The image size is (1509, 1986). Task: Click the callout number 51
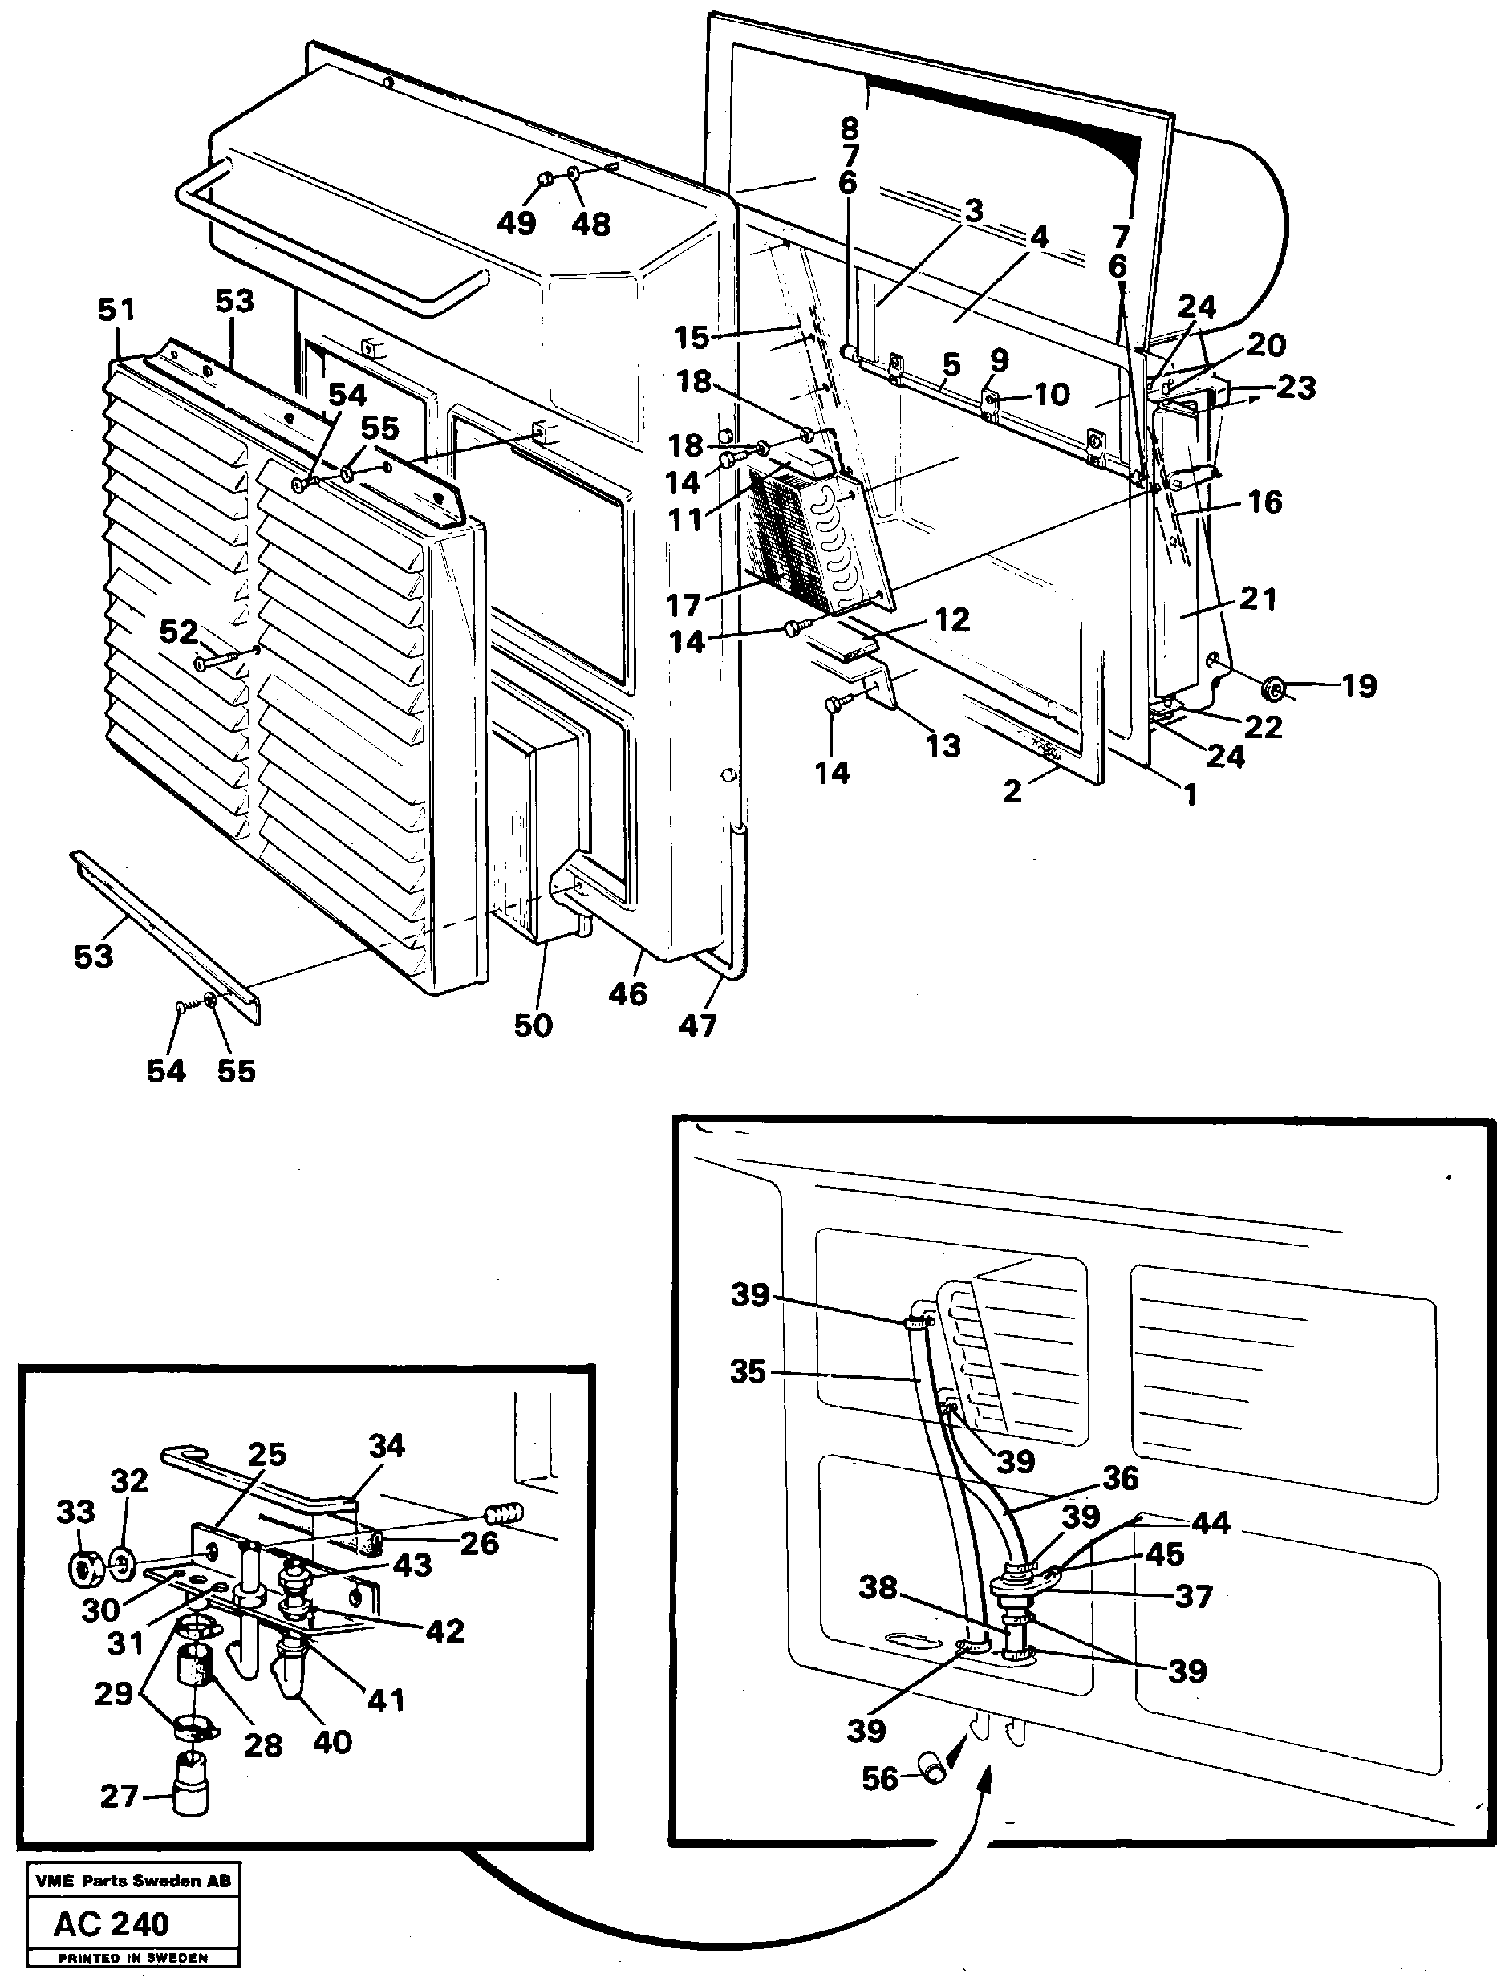tap(117, 310)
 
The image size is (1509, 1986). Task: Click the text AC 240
tap(112, 1924)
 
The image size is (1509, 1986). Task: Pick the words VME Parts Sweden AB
tap(132, 1881)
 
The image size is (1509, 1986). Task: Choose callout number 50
tap(533, 1025)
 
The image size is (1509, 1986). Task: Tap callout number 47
tap(698, 1025)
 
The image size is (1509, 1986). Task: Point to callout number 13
tap(943, 745)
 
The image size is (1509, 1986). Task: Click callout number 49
tap(517, 223)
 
